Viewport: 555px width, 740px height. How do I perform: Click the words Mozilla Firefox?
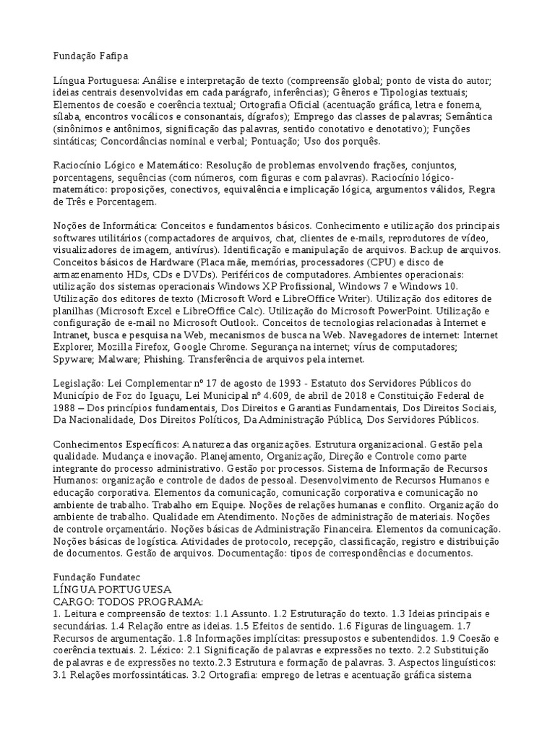[124, 347]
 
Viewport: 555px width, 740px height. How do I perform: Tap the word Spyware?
[73, 359]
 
